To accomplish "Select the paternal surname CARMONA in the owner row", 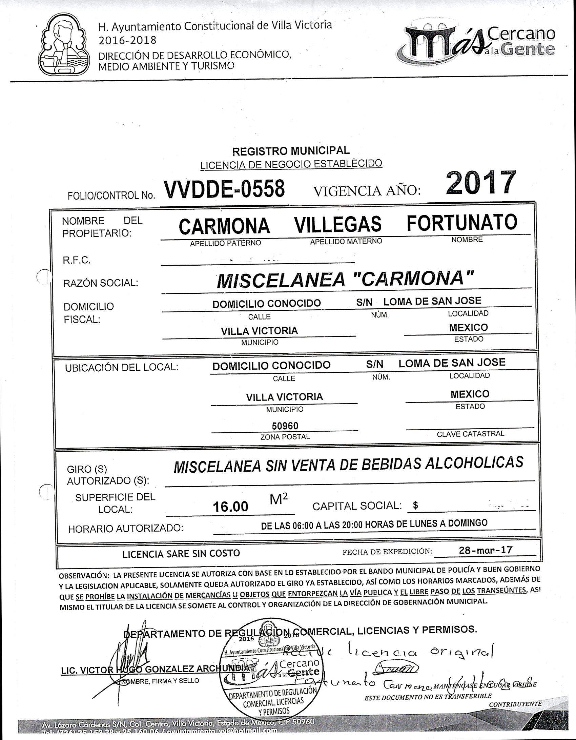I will [x=224, y=226].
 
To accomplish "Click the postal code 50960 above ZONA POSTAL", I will [x=285, y=426].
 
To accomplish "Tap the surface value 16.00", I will [x=230, y=507].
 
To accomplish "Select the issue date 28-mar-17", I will [x=485, y=550].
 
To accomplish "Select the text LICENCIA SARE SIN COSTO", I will [x=181, y=554].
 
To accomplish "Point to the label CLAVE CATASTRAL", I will [x=470, y=434].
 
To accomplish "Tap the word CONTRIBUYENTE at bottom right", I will [x=515, y=704].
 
